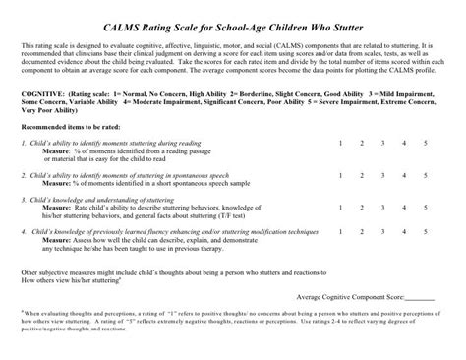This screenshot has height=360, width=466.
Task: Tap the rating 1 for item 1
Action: [339, 144]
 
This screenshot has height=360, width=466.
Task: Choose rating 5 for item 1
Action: [426, 144]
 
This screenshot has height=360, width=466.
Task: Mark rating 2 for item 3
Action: [361, 204]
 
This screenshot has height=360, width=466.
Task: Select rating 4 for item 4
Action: [404, 232]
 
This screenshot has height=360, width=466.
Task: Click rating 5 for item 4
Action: [426, 232]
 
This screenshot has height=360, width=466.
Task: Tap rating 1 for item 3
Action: [339, 204]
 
